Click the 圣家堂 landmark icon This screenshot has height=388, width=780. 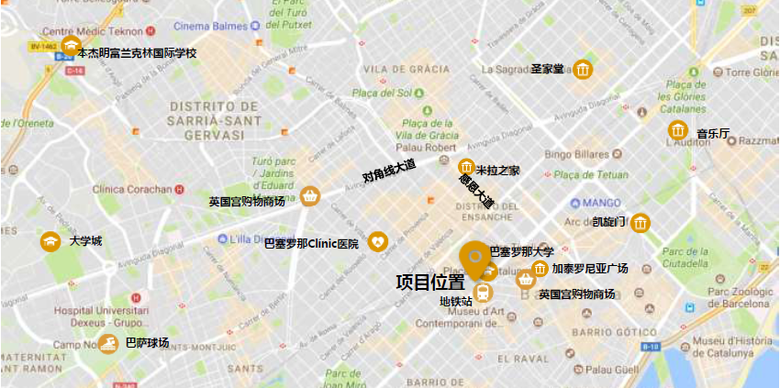coord(583,70)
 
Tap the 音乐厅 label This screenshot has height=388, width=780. coord(712,134)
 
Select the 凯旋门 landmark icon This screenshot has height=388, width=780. coord(641,222)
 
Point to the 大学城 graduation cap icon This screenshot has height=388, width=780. coord(50,241)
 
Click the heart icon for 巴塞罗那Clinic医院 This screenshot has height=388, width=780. coord(378,242)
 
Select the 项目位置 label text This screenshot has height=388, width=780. coord(429,283)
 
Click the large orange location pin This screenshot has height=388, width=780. coord(475,257)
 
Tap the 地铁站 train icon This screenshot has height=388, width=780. coord(484,293)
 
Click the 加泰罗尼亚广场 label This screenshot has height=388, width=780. coord(590,269)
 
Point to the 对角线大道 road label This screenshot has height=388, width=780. coord(389,171)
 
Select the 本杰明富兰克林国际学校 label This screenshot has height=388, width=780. coord(137,53)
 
